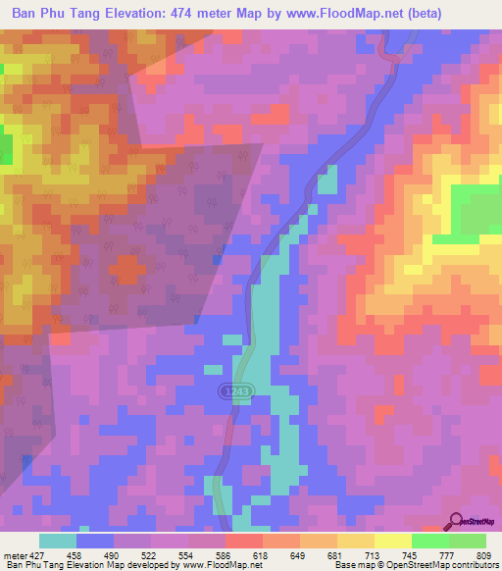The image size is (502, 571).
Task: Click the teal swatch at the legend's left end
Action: click(58, 541)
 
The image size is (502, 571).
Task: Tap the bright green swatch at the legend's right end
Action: click(467, 541)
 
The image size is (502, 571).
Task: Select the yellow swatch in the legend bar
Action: click(392, 541)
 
